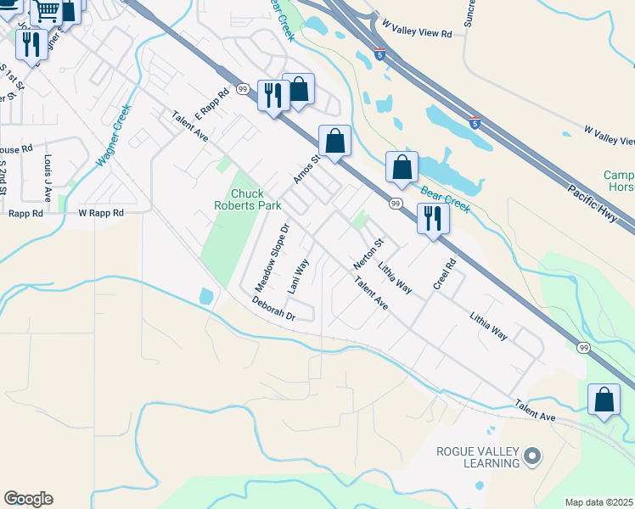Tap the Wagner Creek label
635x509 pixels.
pyautogui.click(x=114, y=134)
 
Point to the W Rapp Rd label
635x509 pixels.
pyautogui.click(x=101, y=213)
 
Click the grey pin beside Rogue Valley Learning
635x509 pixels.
pyautogui.click(x=532, y=456)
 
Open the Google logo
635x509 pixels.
pyautogui.click(x=28, y=499)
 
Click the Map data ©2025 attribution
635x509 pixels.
pyautogui.click(x=599, y=502)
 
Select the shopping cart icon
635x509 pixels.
pyautogui.click(x=47, y=10)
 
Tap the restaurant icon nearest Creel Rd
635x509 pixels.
pyautogui.click(x=433, y=218)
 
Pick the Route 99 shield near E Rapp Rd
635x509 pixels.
pyautogui.click(x=243, y=88)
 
